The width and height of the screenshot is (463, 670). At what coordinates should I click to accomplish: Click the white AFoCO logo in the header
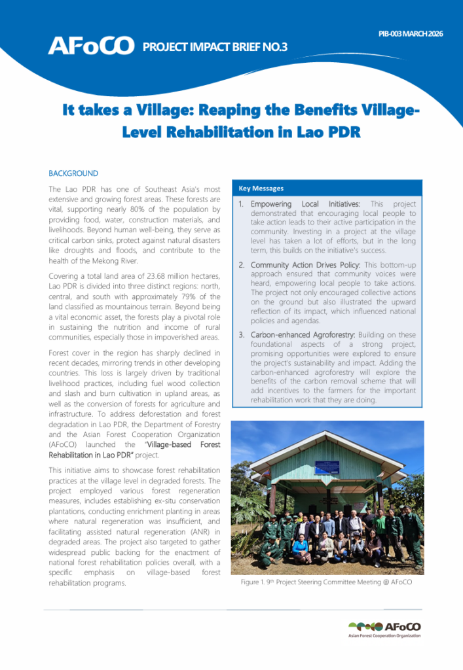coord(91,46)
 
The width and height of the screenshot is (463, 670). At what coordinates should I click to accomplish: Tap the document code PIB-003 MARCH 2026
coord(411,33)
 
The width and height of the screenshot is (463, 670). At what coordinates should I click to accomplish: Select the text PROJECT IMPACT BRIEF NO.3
coord(215,46)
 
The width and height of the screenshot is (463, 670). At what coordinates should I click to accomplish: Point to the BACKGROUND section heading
coord(73,173)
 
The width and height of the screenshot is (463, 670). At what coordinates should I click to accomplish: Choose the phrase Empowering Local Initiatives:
coord(305,204)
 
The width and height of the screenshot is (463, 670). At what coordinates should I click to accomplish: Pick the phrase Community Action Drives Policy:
coord(306,264)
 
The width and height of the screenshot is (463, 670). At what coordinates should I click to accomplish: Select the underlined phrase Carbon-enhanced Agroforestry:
coord(303,334)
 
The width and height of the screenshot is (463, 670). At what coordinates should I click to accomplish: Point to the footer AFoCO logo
coord(385,626)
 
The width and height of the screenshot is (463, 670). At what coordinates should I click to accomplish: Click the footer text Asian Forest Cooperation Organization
coord(384,635)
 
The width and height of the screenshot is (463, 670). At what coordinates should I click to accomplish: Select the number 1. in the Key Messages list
coord(241,204)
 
